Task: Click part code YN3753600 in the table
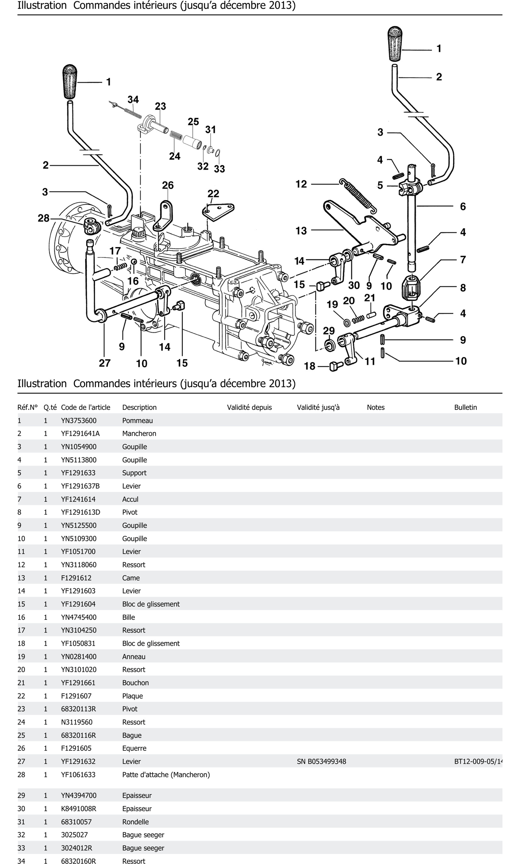point(78,420)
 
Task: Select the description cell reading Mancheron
point(139,433)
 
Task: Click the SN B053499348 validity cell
point(321,761)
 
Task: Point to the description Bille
point(129,617)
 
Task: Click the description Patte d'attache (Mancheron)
point(166,775)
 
